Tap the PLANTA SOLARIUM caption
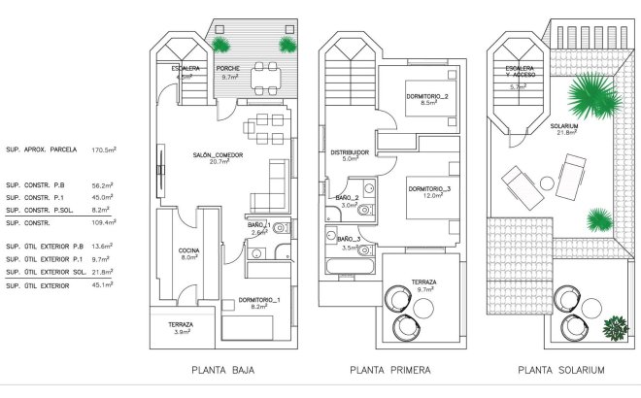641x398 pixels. pyautogui.click(x=561, y=370)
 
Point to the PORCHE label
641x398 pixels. pyautogui.click(x=228, y=68)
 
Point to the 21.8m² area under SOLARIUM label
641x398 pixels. pyautogui.click(x=563, y=133)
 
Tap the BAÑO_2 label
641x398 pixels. pyautogui.click(x=349, y=197)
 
